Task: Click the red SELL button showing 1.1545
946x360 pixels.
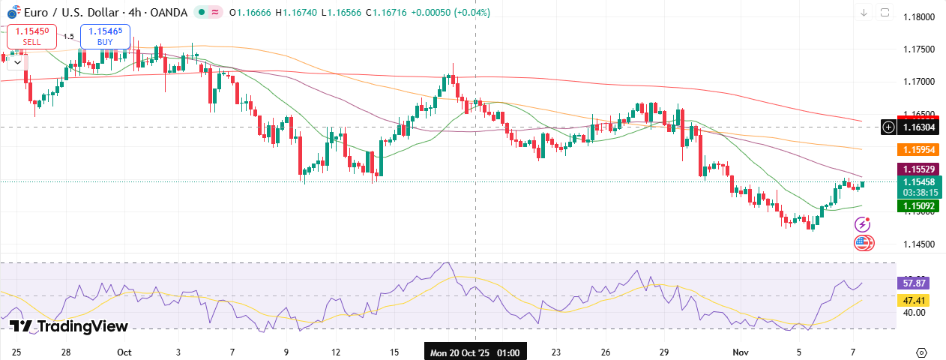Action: (x=31, y=36)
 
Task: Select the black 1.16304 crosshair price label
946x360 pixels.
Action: (x=918, y=127)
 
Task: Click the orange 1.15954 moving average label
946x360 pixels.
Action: (x=918, y=150)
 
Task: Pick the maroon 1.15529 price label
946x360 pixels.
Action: (x=918, y=169)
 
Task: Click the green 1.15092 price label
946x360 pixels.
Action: (x=918, y=205)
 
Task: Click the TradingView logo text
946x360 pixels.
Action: (x=69, y=326)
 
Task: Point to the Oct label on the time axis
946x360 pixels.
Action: (x=124, y=352)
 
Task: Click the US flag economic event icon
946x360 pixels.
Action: (x=864, y=242)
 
